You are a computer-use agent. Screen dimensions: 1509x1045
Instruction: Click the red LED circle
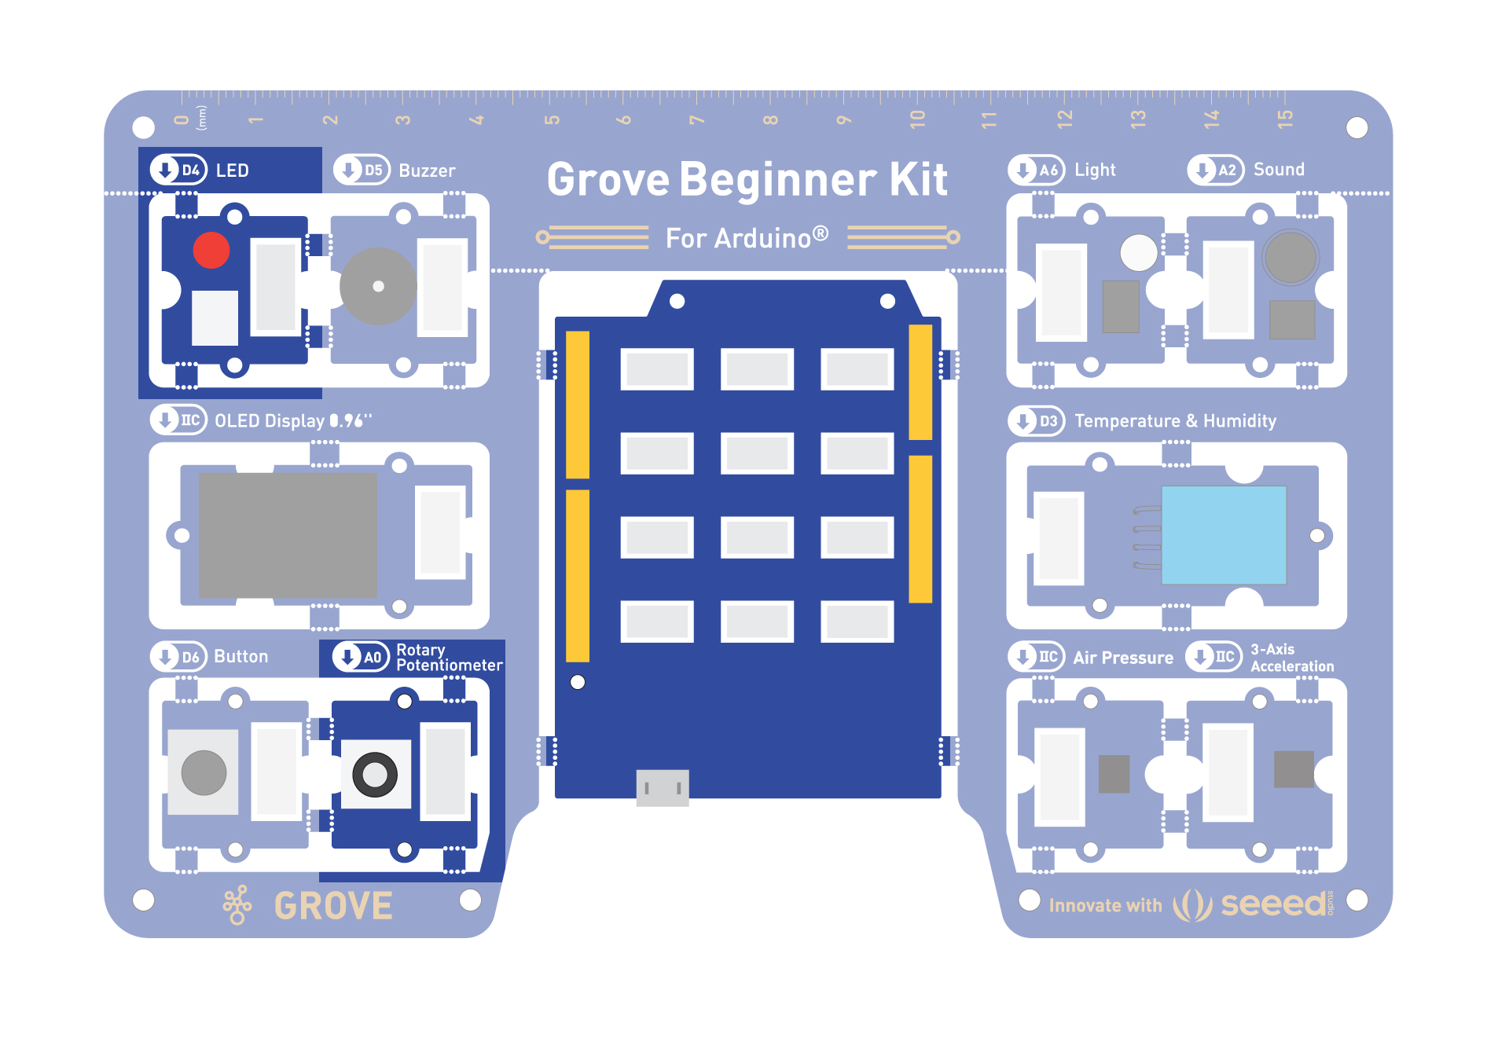coord(211,251)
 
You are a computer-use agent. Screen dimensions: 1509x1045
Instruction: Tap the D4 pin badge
coord(178,170)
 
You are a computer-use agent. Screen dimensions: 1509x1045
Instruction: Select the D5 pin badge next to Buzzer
coord(362,170)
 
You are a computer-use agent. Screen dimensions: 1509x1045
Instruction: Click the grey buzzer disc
coord(378,287)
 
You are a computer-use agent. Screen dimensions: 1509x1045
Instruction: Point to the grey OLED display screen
coord(288,535)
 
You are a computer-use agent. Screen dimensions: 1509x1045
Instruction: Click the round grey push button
coord(204,772)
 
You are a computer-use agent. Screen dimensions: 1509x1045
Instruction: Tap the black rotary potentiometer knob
coord(375,775)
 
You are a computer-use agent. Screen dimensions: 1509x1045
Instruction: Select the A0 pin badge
coord(361,657)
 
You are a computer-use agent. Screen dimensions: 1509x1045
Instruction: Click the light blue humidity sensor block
coord(1224,535)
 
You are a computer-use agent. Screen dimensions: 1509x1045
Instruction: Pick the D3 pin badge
coord(1037,420)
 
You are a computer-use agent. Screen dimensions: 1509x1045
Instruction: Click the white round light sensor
coord(1139,253)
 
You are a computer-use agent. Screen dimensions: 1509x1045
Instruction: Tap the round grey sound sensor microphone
coord(1290,257)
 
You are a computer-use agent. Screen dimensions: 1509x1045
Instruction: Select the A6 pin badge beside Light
coord(1037,170)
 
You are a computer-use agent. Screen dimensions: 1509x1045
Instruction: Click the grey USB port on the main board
coord(663,788)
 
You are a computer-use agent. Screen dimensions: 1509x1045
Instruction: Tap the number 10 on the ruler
coord(917,119)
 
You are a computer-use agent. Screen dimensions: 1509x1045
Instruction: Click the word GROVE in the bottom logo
coord(333,906)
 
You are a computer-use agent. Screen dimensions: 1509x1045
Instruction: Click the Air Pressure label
coord(1123,658)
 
